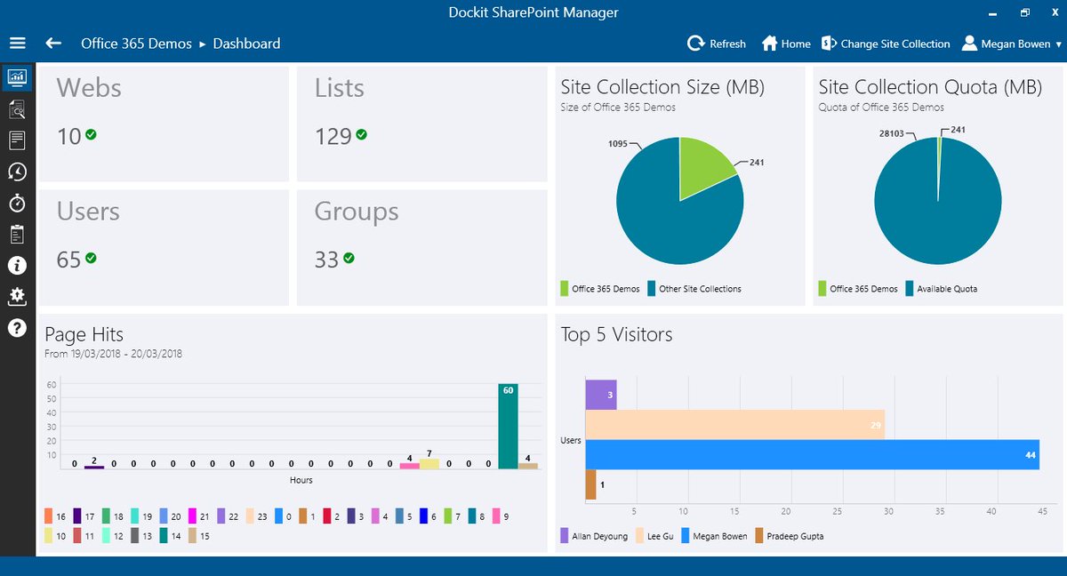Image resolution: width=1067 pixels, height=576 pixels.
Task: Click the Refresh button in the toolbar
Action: [x=717, y=44]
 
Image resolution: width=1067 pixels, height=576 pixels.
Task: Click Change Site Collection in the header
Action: [x=886, y=44]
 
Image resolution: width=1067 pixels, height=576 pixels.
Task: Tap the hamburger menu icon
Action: [x=18, y=44]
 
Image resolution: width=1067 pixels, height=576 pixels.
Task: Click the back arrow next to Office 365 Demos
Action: [x=53, y=44]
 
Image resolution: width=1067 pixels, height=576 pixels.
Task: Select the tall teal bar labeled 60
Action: [x=508, y=426]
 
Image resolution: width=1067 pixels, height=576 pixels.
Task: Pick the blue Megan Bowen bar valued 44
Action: [x=811, y=454]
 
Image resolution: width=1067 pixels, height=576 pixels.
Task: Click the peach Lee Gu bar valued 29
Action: [x=734, y=424]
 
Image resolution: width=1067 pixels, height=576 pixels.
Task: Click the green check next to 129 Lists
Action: [x=361, y=135]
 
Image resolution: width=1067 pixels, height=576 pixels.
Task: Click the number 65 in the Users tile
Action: [x=68, y=260]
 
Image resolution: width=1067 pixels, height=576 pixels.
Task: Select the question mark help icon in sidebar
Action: [x=17, y=328]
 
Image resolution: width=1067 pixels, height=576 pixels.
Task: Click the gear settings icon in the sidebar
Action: [x=17, y=297]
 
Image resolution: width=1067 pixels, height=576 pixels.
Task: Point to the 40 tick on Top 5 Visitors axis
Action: [x=991, y=510]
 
